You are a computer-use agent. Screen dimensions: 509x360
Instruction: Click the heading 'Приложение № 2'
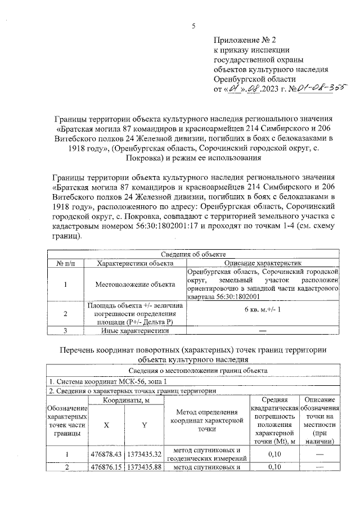click(245, 40)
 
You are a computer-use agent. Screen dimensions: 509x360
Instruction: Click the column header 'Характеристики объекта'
click(134, 263)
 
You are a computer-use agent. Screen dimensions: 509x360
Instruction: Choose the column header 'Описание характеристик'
click(263, 263)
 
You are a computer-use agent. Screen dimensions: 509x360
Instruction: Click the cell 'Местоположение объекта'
click(134, 283)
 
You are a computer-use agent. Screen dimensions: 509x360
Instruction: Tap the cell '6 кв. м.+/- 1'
click(263, 310)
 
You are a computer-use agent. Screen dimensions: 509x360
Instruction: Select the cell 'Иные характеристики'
click(134, 331)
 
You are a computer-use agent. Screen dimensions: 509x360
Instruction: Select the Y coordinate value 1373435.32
click(144, 454)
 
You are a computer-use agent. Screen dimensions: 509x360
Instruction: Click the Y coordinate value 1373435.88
click(144, 467)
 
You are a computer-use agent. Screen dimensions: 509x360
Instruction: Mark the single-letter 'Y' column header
click(144, 425)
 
